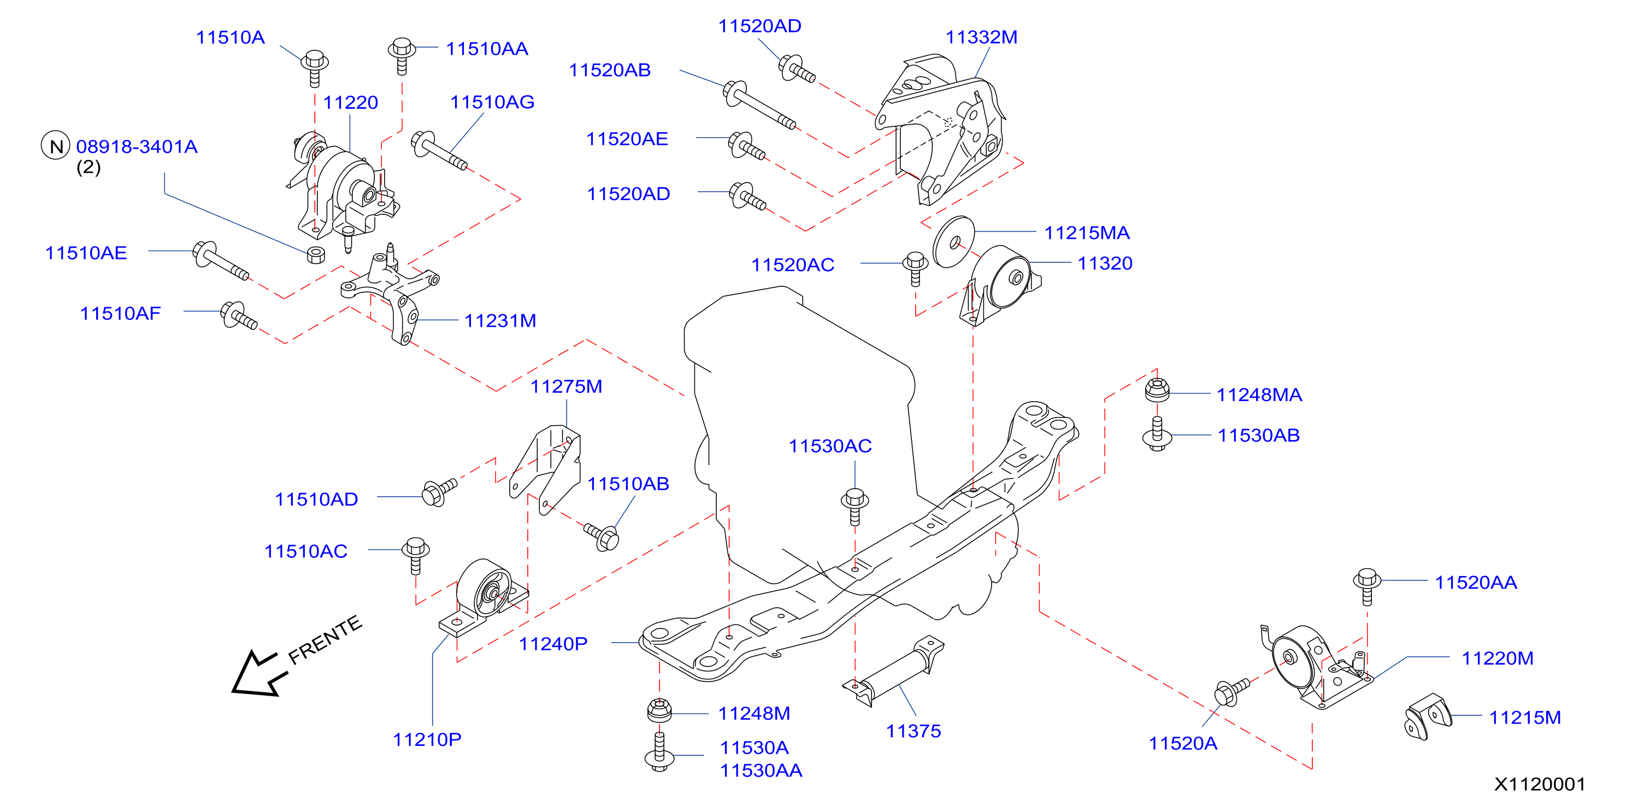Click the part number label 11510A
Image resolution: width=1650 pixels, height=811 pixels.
[x=230, y=37]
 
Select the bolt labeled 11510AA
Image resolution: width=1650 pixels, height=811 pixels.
[x=402, y=56]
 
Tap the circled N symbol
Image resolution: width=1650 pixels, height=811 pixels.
[x=56, y=145]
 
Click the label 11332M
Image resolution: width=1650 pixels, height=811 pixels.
[x=981, y=37]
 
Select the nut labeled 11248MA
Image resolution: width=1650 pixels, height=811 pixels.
[x=1157, y=390]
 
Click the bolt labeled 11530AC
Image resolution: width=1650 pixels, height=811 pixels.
[x=855, y=507]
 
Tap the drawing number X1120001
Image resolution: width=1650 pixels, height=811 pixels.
[x=1539, y=784]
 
